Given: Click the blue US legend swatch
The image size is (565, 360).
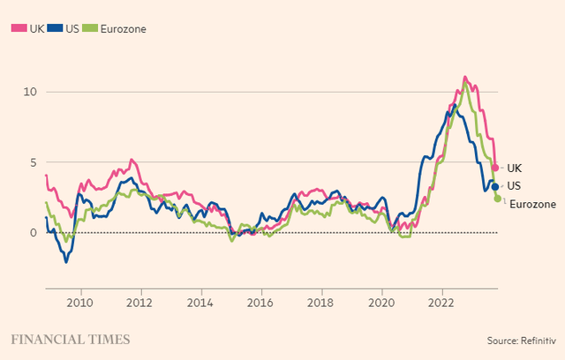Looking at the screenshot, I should [x=55, y=28].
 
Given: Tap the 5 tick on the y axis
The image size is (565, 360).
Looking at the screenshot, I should [x=32, y=162].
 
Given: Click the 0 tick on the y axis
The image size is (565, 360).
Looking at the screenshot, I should [x=32, y=233].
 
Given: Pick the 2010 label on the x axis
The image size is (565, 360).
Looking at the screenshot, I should [x=80, y=300].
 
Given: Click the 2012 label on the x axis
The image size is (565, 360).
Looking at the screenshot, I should [x=140, y=300].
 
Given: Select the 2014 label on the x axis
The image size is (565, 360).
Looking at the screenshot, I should [x=201, y=300].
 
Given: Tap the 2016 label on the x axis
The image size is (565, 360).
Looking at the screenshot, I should [x=261, y=300].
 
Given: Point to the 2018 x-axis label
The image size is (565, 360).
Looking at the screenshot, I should [x=321, y=300].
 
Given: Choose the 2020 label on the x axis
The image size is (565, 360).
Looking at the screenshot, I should [x=381, y=300].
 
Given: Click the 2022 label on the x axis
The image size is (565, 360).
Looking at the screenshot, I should [x=441, y=300].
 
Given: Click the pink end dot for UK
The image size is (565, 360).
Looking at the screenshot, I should [x=495, y=168].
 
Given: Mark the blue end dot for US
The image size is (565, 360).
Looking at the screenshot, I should [x=495, y=186].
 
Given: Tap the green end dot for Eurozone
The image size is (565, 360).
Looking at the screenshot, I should [x=498, y=199].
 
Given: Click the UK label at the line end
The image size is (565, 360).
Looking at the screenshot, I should [x=514, y=168].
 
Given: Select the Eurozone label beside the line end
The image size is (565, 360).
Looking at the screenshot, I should [x=533, y=205].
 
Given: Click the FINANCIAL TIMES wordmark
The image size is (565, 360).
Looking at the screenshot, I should [x=70, y=339].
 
